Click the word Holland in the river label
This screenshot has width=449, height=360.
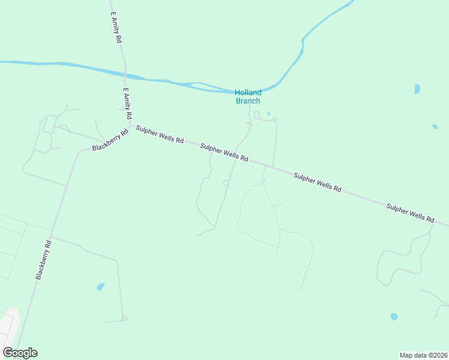[248, 92]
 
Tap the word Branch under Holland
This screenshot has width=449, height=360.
[248, 101]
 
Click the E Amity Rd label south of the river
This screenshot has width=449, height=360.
[128, 103]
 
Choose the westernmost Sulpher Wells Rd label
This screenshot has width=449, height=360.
[160, 134]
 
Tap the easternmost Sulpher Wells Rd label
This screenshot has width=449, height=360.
[410, 213]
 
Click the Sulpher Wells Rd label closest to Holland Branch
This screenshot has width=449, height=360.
[224, 152]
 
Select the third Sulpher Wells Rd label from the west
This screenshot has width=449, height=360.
[318, 182]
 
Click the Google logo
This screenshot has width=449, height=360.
[20, 353]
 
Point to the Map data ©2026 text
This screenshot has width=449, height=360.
[423, 355]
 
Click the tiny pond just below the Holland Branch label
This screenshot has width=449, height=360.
[268, 113]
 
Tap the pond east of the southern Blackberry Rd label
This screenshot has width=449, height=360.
[100, 287]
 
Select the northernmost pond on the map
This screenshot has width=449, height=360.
[417, 89]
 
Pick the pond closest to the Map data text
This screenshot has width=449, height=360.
[394, 316]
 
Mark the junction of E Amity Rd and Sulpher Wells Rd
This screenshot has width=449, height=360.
[130, 125]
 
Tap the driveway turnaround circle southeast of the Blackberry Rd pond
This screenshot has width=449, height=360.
[124, 317]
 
